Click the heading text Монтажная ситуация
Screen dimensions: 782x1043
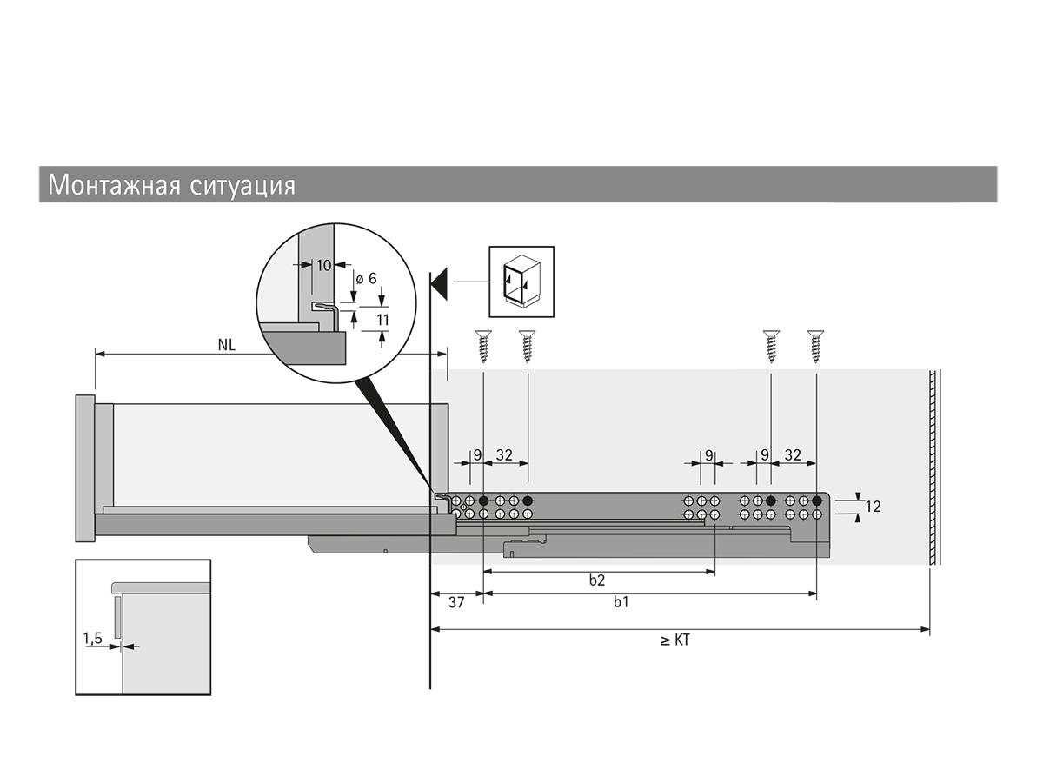pos(171,185)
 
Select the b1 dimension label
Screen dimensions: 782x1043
pos(621,602)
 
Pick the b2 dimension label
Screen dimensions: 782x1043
pos(596,580)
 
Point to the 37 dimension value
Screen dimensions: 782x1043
pos(455,602)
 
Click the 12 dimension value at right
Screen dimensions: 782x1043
pos(873,507)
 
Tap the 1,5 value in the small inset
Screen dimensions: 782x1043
pos(93,639)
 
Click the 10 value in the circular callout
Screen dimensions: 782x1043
pos(323,266)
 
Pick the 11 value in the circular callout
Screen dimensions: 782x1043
pos(382,320)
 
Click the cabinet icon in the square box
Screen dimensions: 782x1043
pos(521,279)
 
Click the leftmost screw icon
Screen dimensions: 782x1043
pos(483,346)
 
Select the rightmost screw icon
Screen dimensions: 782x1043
pos(815,346)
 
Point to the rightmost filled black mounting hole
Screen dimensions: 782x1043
pos(817,501)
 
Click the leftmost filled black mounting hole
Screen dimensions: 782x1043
pos(483,501)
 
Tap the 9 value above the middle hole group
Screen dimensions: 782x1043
pos(708,454)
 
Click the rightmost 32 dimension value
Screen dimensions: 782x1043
pos(793,454)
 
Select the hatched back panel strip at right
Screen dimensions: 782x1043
pos(933,467)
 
